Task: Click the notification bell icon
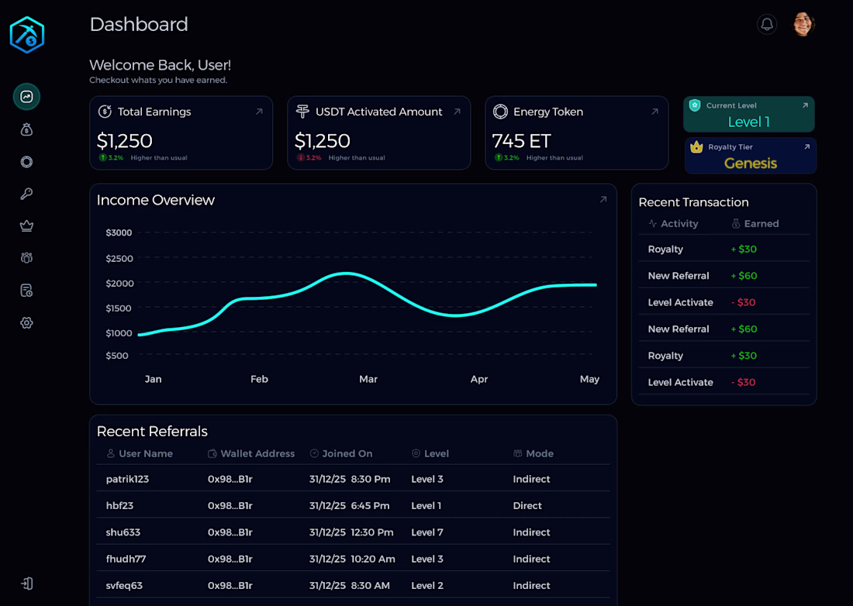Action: click(x=767, y=24)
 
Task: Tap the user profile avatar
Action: click(x=803, y=24)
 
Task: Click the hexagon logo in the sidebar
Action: click(x=27, y=35)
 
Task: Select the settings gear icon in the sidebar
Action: click(x=26, y=322)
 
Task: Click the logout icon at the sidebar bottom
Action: click(x=26, y=584)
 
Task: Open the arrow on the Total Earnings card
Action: click(x=259, y=112)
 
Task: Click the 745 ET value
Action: click(x=522, y=141)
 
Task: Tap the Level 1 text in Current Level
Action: click(x=749, y=122)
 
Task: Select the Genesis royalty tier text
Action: click(x=751, y=163)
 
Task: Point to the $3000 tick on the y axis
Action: click(x=119, y=232)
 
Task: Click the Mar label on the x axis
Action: click(x=368, y=379)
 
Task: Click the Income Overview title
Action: click(x=155, y=200)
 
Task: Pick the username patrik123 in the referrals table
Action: click(x=127, y=479)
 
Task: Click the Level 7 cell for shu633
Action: click(x=427, y=532)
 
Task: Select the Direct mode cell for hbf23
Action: click(x=527, y=505)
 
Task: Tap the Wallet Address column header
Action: click(x=257, y=453)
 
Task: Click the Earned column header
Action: click(x=761, y=223)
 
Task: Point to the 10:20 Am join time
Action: click(x=373, y=559)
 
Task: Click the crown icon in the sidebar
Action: click(x=26, y=226)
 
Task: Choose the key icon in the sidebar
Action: click(x=26, y=194)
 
